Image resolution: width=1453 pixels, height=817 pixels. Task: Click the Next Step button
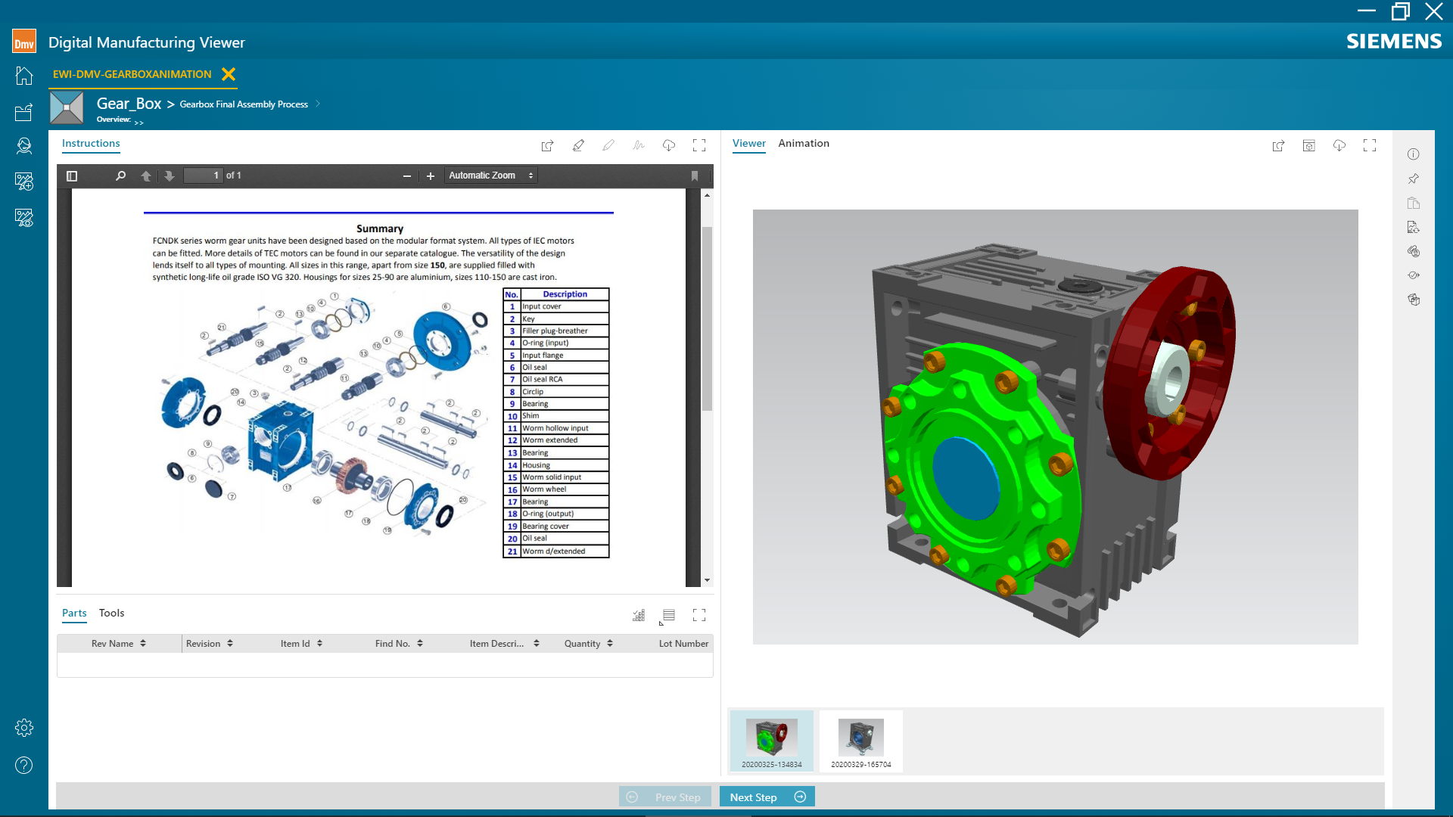tap(766, 797)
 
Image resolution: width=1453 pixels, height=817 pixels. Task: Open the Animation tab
tap(804, 143)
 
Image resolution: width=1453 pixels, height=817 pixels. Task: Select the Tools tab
tap(111, 613)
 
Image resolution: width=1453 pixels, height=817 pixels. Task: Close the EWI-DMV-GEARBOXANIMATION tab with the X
tap(229, 74)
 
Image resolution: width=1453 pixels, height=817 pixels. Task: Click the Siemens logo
tap(1394, 42)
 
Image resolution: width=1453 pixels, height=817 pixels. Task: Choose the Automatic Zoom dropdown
tap(490, 176)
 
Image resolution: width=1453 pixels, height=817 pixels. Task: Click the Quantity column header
tap(582, 644)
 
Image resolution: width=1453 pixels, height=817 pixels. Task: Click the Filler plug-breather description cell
tap(563, 331)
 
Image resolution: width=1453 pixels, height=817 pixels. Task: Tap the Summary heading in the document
tap(380, 228)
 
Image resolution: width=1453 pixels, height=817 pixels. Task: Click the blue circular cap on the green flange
tap(966, 477)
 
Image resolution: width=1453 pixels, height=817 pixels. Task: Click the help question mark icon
tap(24, 766)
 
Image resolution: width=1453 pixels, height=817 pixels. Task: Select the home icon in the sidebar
tap(24, 76)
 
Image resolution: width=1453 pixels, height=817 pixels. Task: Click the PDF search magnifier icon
tap(120, 176)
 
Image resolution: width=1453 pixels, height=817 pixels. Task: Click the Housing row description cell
tap(563, 465)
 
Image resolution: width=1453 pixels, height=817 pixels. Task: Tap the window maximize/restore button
tap(1400, 11)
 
